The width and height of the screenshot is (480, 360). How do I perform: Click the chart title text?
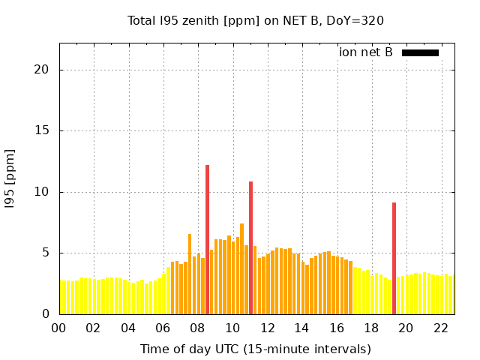click(x=256, y=20)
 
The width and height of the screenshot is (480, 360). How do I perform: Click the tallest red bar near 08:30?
click(x=207, y=240)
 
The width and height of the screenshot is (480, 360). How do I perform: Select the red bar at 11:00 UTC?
click(x=251, y=247)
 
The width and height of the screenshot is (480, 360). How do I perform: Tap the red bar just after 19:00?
click(x=394, y=259)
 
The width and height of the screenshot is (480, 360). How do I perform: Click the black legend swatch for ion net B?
click(x=420, y=52)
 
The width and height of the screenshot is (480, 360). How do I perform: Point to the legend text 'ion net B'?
click(x=366, y=52)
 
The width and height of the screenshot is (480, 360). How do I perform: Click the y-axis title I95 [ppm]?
click(x=10, y=178)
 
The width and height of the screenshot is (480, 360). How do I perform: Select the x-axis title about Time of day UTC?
click(x=256, y=349)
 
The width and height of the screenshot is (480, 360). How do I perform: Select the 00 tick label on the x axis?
click(x=59, y=328)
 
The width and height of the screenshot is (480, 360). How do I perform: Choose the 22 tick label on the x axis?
click(x=441, y=328)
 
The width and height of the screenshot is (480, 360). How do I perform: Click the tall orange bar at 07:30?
click(x=190, y=274)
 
